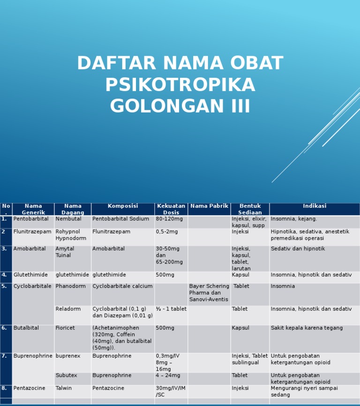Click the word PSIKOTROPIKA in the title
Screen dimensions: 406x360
180,85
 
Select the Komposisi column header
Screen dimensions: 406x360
123,206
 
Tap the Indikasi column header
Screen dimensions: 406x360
315,206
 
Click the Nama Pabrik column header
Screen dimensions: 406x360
209,206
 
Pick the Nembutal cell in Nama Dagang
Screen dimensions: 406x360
68,219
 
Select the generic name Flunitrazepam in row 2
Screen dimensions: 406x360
32,232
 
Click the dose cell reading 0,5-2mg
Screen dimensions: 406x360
167,232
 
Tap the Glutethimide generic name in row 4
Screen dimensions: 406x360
30,275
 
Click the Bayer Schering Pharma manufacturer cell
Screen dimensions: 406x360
209,293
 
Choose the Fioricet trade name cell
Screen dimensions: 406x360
65,328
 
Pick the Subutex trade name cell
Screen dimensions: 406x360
66,376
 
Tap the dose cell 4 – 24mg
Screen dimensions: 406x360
168,376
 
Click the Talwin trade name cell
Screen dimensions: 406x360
64,388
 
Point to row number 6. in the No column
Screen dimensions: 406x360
4,328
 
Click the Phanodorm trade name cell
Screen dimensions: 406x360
70,286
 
